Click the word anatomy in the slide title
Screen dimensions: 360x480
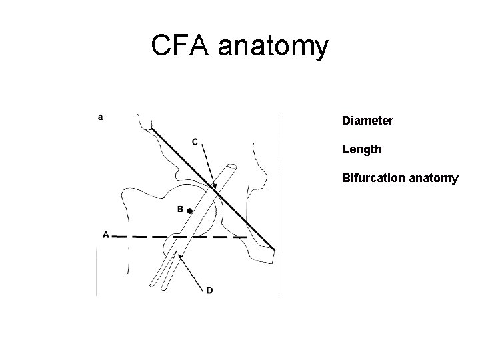[277, 47]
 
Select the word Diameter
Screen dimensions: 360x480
[367, 121]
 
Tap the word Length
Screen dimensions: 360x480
[362, 149]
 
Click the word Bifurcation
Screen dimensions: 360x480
[370, 178]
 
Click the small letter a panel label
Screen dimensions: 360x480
[100, 117]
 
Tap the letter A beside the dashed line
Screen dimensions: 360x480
[105, 234]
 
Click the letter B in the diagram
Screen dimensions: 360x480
[180, 209]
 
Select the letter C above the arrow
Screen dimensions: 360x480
[195, 141]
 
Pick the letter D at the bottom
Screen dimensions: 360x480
[210, 290]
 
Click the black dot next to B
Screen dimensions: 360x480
[189, 211]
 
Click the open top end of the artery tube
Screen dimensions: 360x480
[231, 165]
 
